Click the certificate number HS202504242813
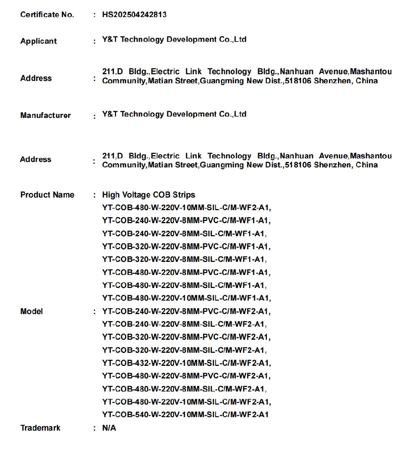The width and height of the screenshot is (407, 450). pyautogui.click(x=134, y=14)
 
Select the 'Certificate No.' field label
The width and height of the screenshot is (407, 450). pyautogui.click(x=47, y=15)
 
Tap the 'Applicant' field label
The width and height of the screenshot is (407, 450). pyautogui.click(x=38, y=41)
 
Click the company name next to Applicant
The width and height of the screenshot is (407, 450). pyautogui.click(x=174, y=40)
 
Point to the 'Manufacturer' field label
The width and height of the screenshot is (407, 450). pyautogui.click(x=45, y=115)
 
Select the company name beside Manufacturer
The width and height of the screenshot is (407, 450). pyautogui.click(x=174, y=114)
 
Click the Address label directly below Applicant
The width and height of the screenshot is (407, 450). pyautogui.click(x=36, y=78)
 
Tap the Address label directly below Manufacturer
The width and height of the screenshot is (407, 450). pyautogui.click(x=36, y=159)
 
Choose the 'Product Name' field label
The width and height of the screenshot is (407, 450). pyautogui.click(x=47, y=195)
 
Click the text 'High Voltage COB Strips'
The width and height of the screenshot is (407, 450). pyautogui.click(x=148, y=195)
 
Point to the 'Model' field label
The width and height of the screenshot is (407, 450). pyautogui.click(x=31, y=311)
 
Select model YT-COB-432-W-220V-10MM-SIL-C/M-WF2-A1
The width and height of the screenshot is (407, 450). pyautogui.click(x=187, y=363)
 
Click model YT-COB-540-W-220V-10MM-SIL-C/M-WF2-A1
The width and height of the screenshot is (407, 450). pyautogui.click(x=185, y=414)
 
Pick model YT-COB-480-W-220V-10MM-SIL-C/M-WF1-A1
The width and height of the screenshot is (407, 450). pyautogui.click(x=187, y=298)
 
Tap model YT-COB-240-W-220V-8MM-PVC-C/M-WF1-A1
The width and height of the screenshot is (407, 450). pyautogui.click(x=187, y=220)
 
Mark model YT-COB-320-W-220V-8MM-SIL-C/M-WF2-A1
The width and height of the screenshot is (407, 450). pyautogui.click(x=184, y=350)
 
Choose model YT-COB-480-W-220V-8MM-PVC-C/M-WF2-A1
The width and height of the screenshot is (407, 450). pyautogui.click(x=187, y=376)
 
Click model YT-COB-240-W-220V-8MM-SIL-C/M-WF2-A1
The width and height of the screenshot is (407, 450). pyautogui.click(x=184, y=324)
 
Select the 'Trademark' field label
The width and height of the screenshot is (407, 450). pyautogui.click(x=40, y=428)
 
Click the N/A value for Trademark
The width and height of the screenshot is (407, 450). pyautogui.click(x=109, y=428)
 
